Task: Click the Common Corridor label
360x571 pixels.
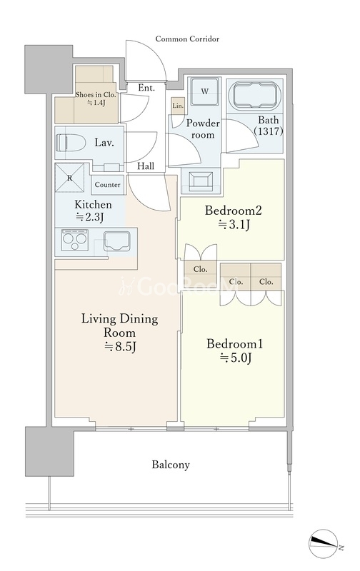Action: (187, 39)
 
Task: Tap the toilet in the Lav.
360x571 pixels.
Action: (71, 142)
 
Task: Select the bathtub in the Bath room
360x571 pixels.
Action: (257, 95)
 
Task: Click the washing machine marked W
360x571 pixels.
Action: (205, 91)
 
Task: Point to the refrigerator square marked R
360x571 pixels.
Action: (69, 178)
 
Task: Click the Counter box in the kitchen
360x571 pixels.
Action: (107, 185)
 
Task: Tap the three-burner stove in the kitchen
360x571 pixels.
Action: (75, 240)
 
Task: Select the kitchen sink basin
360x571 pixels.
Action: (117, 241)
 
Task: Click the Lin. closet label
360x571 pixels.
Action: (178, 106)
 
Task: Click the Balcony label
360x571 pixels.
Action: (171, 465)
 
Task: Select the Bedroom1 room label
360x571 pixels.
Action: (235, 344)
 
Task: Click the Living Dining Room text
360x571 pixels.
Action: (119, 325)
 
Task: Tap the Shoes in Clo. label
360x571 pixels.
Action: (96, 95)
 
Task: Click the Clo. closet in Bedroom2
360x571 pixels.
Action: (201, 270)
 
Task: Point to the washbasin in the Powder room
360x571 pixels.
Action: (201, 181)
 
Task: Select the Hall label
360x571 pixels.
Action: (146, 166)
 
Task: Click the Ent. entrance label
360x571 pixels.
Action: (146, 88)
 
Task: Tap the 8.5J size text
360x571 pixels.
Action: (120, 346)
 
